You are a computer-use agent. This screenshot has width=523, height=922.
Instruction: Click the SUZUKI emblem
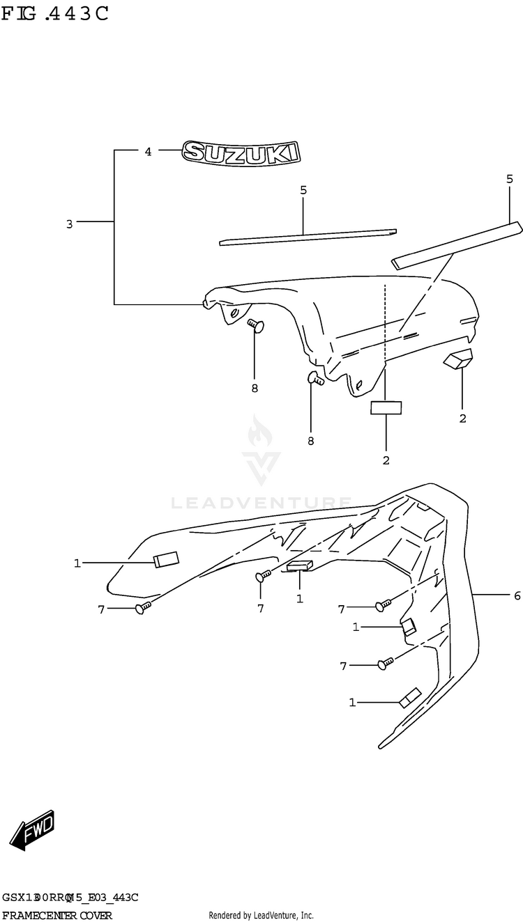click(241, 153)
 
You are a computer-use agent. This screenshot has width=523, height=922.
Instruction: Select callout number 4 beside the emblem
click(148, 151)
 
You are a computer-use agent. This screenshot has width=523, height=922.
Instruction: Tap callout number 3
click(69, 224)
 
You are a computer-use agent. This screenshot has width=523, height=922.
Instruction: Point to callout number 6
click(517, 595)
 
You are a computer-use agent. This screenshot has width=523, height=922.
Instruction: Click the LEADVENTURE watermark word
click(261, 502)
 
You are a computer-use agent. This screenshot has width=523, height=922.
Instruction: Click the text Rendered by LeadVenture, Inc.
click(261, 915)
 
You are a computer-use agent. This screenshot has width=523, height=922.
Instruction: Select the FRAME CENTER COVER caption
click(57, 915)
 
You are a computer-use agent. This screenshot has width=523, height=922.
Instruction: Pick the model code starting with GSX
click(70, 898)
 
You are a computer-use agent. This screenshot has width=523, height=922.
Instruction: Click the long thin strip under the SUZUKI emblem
click(308, 237)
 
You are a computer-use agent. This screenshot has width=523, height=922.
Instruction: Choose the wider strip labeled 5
click(456, 244)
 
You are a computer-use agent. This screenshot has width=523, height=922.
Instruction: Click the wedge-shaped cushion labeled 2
click(457, 358)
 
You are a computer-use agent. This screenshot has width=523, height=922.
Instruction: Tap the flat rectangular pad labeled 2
click(386, 407)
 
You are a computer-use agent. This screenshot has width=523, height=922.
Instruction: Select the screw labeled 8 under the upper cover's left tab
click(254, 324)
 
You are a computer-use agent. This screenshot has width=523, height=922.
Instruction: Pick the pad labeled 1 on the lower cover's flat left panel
click(166, 558)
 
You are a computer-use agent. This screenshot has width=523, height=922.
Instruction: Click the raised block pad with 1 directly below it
click(299, 565)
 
